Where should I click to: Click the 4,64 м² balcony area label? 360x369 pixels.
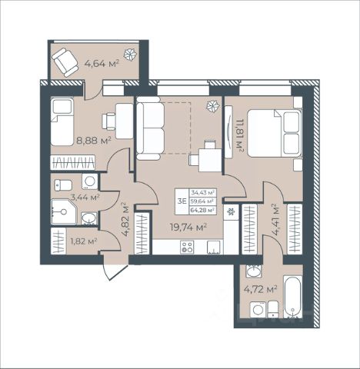pos(102,63)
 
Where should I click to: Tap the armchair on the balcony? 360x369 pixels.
pos(65,62)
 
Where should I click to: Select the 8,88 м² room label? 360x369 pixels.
pos(94,140)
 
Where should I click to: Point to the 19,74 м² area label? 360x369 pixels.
pos(188,227)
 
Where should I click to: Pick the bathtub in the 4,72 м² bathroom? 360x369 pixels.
pos(292,298)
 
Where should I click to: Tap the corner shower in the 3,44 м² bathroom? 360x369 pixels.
pos(63,211)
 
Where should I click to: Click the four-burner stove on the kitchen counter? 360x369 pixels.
pos(187,247)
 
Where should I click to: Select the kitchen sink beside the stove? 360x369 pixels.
pos(214,248)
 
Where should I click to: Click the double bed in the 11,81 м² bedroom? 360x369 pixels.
pos(274,133)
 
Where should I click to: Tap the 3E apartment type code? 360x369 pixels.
pos(182,201)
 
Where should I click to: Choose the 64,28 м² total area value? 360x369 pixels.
pos(202,210)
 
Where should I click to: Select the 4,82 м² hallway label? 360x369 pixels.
pos(125,219)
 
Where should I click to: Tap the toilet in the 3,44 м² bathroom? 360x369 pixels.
pos(63,185)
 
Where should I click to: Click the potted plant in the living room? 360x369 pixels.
pos(214,105)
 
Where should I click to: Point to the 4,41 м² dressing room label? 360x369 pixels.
pos(275,220)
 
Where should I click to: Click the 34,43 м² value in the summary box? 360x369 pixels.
pos(202,192)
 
